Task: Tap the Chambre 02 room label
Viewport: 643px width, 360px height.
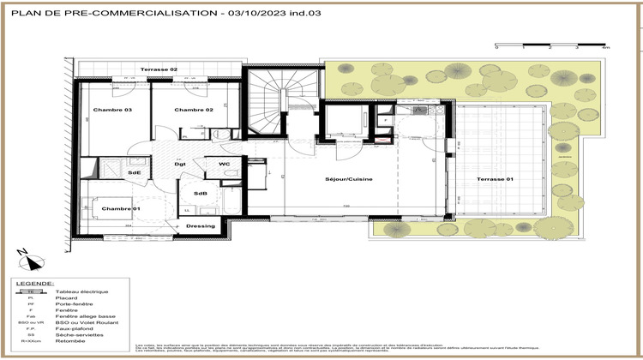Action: [x=194, y=111]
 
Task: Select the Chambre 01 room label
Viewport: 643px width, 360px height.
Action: [x=121, y=209]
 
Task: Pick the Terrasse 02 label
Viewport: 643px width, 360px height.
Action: [x=159, y=69]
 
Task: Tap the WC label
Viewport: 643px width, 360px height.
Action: [x=224, y=164]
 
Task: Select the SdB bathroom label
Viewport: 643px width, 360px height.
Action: [x=201, y=193]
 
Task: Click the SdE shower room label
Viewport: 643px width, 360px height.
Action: [x=135, y=172]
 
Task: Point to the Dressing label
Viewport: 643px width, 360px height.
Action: [x=201, y=227]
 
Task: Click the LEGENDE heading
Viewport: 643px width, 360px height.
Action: [x=35, y=282]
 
